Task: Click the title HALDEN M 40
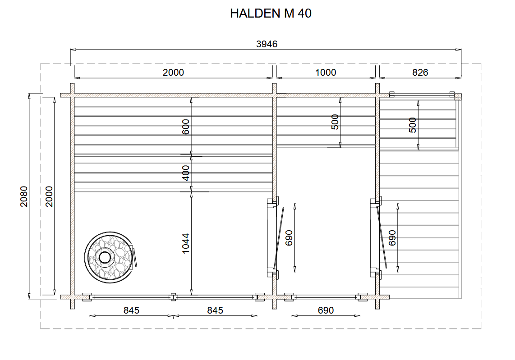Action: tap(271, 14)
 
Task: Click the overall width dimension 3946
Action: tap(267, 44)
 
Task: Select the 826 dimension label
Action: tap(420, 73)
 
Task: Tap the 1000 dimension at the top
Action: tap(326, 73)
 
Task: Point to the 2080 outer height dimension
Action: tap(24, 196)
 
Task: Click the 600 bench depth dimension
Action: tap(185, 127)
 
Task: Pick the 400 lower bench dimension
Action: tap(185, 173)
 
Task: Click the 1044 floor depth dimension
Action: tap(185, 243)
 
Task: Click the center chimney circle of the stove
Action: tap(105, 258)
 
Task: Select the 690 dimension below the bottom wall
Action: tap(326, 310)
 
